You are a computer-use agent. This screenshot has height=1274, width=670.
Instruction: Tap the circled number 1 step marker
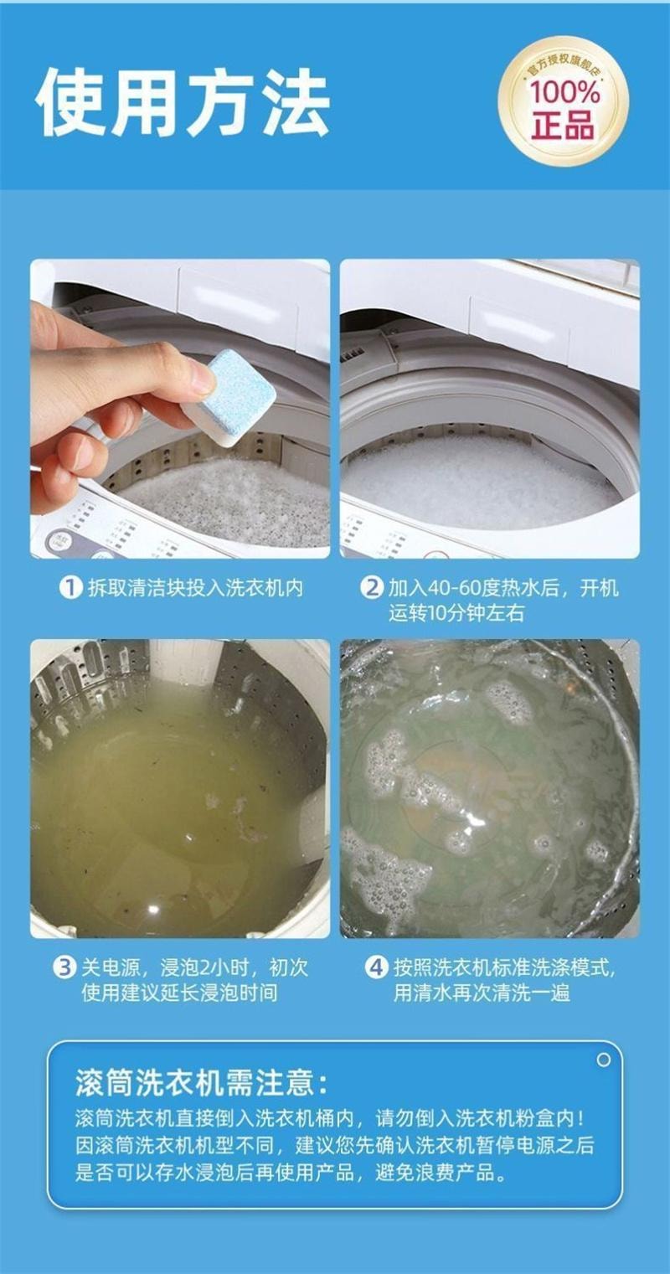tap(70, 587)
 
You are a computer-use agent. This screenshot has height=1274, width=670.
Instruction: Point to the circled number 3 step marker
tap(64, 967)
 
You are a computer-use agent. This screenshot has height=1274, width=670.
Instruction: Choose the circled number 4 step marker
tap(375, 967)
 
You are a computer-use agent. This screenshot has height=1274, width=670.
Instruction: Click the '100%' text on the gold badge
tap(564, 93)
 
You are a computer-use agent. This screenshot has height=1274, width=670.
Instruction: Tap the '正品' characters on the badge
tap(563, 125)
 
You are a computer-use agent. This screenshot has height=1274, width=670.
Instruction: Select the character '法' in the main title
tap(295, 102)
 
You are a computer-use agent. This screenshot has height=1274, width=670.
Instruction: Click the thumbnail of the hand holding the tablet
tap(180, 409)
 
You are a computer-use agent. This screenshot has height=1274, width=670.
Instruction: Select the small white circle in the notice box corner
tap(604, 1060)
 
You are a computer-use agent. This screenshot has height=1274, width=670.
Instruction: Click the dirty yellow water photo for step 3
tap(180, 789)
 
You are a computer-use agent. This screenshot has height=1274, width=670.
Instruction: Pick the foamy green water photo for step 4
tap(490, 789)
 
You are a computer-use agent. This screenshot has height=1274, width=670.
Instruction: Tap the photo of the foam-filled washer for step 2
tap(490, 409)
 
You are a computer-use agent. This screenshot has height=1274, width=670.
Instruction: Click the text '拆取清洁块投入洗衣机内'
tap(195, 587)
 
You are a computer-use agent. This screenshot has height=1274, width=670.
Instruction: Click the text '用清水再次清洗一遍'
tap(482, 993)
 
